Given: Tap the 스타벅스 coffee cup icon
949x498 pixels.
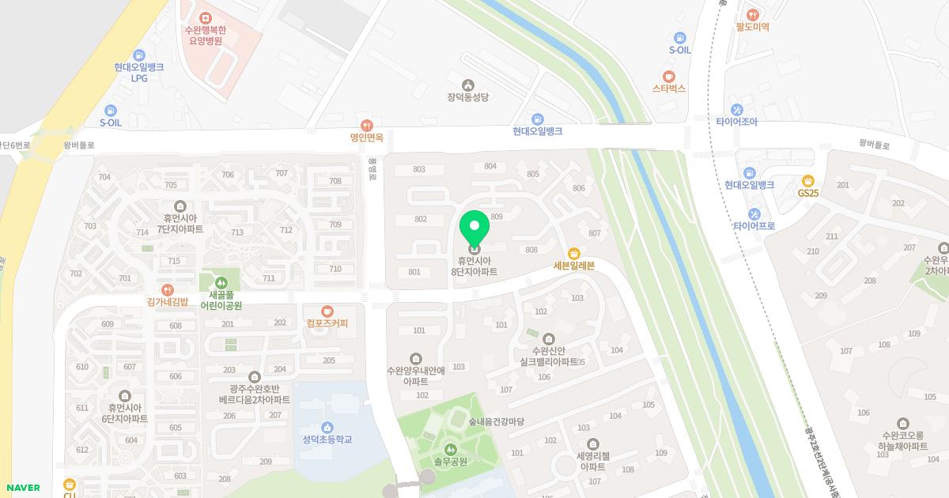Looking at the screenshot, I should click(x=669, y=76).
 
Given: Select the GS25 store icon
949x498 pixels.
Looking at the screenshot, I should click(x=807, y=180).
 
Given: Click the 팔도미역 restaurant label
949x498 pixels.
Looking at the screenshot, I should click(x=752, y=27).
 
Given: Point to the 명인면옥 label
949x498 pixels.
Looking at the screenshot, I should click(x=366, y=137).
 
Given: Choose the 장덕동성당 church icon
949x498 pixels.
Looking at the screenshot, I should click(x=468, y=85).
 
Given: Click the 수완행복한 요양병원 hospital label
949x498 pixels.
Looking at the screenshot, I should click(x=205, y=36).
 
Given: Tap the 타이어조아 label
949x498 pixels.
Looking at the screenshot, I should click(x=737, y=123).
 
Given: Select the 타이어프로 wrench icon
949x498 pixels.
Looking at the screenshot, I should click(x=754, y=213).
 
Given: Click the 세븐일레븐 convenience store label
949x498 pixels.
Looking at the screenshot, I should click(x=573, y=266).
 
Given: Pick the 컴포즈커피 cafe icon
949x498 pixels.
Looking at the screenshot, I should click(x=327, y=311).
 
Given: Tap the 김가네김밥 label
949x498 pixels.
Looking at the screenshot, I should click(x=168, y=301).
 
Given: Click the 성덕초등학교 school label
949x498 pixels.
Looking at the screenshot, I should click(x=327, y=440).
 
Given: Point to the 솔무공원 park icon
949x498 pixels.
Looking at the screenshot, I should click(x=451, y=449).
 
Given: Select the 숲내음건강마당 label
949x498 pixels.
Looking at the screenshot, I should click(x=496, y=422).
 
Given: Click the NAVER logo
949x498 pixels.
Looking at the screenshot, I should click(x=22, y=488).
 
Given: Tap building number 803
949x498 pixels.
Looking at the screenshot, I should click(x=419, y=169).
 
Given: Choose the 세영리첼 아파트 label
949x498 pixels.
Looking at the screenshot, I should click(x=592, y=461).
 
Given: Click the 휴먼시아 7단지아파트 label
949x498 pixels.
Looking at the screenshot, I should click(x=180, y=223).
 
